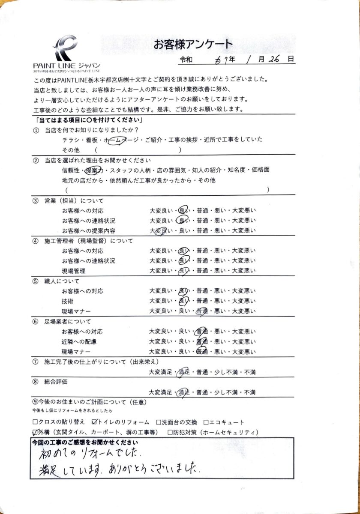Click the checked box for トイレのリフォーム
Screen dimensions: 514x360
click(x=95, y=422)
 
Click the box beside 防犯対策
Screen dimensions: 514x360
click(x=171, y=432)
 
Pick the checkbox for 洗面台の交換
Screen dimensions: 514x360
click(x=159, y=422)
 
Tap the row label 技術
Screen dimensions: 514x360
click(x=67, y=301)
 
